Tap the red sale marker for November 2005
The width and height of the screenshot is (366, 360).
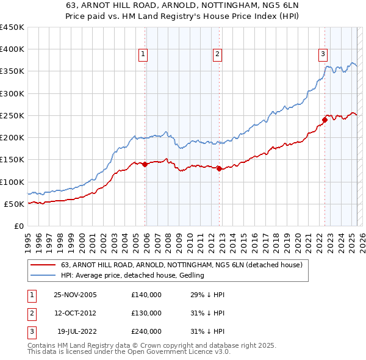(145, 164)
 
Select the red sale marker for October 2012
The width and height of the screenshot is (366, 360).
(219, 168)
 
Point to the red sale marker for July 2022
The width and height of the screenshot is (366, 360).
(325, 120)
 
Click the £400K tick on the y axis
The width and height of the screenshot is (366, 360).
(12, 49)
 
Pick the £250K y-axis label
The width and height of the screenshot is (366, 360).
(12, 115)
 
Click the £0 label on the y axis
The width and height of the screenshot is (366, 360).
(18, 226)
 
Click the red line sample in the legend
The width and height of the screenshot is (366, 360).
(43, 265)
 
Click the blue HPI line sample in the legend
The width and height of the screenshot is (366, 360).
(43, 276)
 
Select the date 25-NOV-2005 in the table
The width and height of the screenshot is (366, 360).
(75, 295)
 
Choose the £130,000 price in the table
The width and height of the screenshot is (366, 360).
(146, 313)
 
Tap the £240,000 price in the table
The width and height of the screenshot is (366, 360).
(146, 331)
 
